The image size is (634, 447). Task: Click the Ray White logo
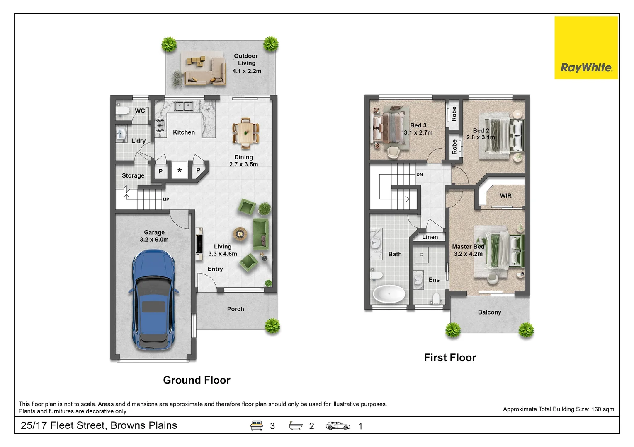586,48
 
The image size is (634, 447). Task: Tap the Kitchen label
184,132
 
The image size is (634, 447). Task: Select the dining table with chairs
245,133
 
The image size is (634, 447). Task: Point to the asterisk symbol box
180,170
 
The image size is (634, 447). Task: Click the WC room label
140,111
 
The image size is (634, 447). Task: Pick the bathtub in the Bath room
389,294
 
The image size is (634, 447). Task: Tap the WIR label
505,195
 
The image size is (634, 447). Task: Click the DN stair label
420,175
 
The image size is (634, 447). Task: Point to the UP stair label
166,199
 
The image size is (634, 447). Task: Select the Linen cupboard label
430,237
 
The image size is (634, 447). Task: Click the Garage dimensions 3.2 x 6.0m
154,240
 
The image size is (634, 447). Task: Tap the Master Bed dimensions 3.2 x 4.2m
468,254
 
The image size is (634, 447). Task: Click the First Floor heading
450,358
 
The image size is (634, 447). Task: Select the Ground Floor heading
197,380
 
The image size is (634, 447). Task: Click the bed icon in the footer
256,425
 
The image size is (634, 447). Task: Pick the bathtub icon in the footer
296,425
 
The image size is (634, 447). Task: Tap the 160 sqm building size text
602,409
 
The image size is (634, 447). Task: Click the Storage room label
133,175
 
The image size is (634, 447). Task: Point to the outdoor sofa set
204,70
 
